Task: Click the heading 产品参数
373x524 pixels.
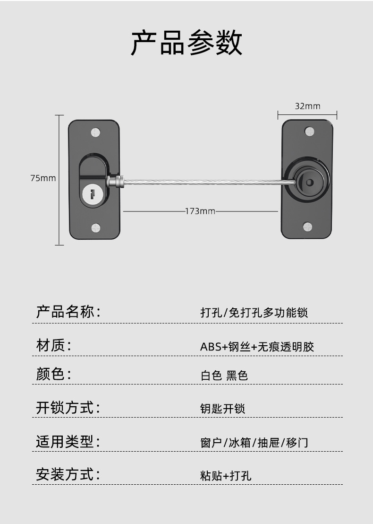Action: point(186,43)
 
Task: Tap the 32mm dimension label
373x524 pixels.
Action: point(307,106)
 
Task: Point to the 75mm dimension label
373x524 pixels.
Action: point(43,178)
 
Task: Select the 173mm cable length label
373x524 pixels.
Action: point(200,211)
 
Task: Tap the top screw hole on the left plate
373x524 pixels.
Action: point(96,131)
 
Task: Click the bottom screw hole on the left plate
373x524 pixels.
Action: point(96,228)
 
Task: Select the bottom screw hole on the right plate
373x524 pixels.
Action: point(307,227)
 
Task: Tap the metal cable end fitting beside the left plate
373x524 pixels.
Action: point(116,181)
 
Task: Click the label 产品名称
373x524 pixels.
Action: point(68,312)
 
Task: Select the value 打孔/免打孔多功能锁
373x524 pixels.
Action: point(254,313)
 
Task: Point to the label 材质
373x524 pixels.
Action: point(53,345)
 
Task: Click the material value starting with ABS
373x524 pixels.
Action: point(257,347)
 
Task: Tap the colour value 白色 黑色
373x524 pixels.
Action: point(224,376)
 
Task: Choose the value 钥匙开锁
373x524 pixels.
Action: point(223,409)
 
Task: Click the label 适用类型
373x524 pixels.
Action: point(68,442)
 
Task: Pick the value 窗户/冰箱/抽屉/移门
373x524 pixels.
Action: point(254,443)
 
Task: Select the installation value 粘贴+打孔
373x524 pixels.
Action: point(226,475)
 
